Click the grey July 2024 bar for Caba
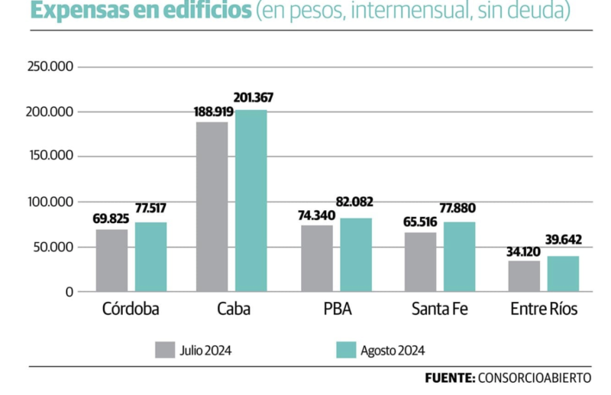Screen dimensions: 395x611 click(212, 206)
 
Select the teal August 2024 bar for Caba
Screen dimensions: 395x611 click(251, 201)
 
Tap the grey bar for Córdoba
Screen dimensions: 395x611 click(112, 260)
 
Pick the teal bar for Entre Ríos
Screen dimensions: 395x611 click(563, 274)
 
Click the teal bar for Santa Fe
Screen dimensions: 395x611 click(459, 257)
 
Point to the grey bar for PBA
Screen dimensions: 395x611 click(316, 258)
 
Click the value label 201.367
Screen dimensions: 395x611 click(253, 98)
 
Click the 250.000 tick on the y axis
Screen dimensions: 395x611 click(50, 67)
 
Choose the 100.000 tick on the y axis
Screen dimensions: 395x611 click(50, 202)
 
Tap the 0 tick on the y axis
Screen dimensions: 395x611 click(69, 291)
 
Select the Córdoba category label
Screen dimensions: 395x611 click(131, 310)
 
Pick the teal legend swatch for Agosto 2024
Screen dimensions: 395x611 click(347, 350)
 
